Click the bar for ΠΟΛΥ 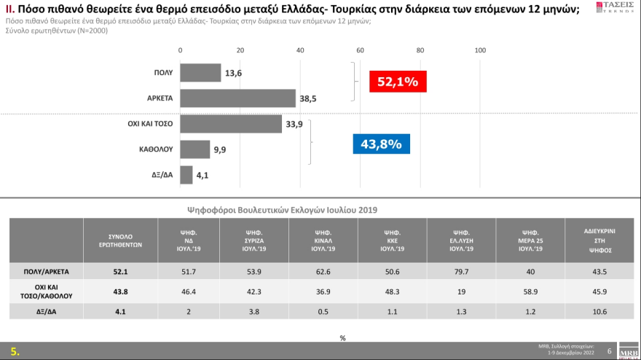200,73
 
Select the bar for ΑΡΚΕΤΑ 237,98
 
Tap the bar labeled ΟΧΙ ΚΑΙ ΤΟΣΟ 230,124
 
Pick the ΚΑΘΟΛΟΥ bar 194,149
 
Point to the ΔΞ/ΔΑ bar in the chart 185,175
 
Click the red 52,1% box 397,82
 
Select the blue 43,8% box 381,144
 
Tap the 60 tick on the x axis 360,50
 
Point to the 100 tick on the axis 480,50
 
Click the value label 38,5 310,99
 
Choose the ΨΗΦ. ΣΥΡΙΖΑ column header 255,239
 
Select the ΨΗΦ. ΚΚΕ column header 390,239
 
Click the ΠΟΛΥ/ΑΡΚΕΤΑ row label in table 49,272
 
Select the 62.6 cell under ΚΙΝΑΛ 323,272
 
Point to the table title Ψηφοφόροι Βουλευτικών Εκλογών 283,209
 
